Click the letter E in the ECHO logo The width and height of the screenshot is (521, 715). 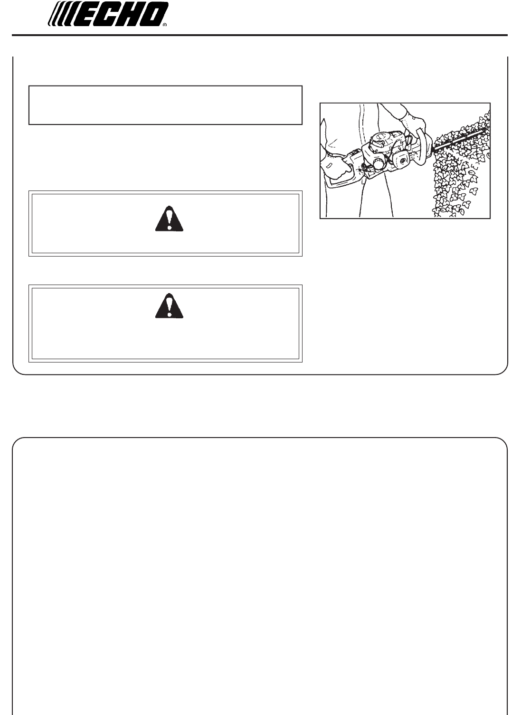[x=85, y=14]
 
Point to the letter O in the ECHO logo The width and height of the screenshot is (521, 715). [x=155, y=14]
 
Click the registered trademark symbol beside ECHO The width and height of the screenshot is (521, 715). [x=165, y=25]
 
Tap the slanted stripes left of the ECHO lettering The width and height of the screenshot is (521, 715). [x=61, y=14]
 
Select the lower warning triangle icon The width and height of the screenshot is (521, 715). [x=169, y=306]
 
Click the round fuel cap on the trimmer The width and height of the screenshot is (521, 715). [x=379, y=164]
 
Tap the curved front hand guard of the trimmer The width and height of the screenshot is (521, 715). [x=423, y=147]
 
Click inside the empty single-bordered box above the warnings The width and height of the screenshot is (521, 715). [x=165, y=105]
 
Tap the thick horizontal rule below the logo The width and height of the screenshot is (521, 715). [x=260, y=35]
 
